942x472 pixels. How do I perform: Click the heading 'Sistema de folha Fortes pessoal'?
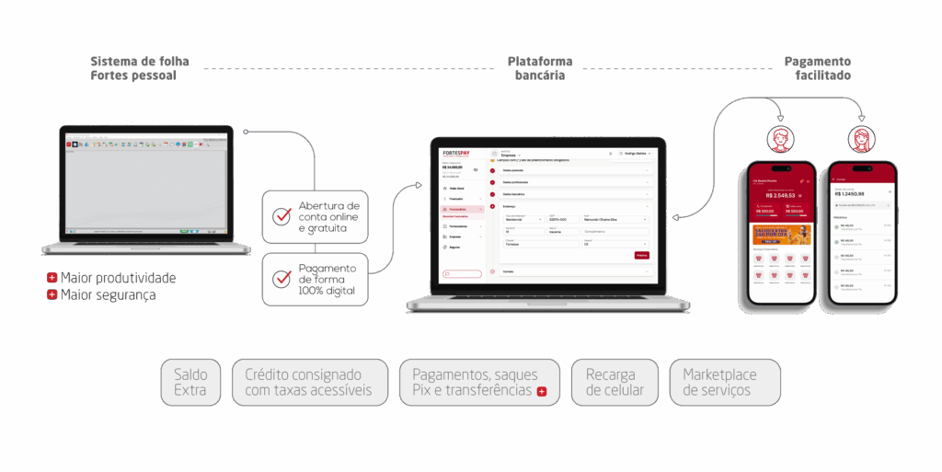pos(140,68)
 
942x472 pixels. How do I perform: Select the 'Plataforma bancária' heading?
pos(540,68)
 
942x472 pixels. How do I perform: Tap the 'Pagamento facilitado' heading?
pos(818,68)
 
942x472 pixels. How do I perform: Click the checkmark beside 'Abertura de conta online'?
pos(281,217)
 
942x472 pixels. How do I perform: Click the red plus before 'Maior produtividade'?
pos(52,278)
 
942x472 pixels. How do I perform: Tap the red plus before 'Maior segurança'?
pos(52,295)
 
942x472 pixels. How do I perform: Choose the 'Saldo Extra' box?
pos(190,383)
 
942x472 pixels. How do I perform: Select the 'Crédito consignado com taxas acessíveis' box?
pos(309,383)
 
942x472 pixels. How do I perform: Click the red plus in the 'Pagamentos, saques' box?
pos(542,392)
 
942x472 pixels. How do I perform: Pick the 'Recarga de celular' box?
pos(615,383)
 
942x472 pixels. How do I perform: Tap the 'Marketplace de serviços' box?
pos(725,383)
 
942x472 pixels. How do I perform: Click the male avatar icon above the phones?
pos(780,140)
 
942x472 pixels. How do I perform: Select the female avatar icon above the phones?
pos(863,140)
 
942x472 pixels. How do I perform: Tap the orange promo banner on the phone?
pos(781,235)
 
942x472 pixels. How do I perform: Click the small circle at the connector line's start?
pos(246,132)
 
